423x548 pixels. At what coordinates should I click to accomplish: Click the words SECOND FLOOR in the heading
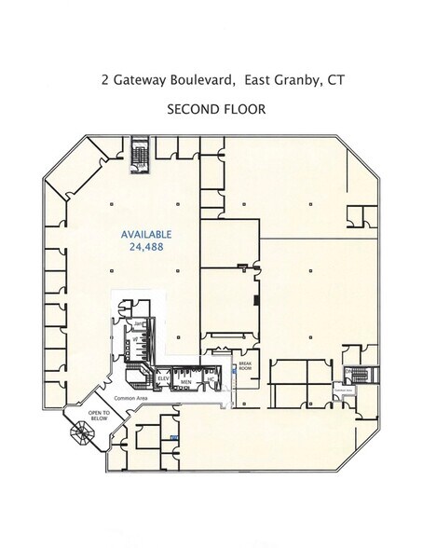pos(216,109)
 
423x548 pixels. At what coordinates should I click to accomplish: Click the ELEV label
pos(162,379)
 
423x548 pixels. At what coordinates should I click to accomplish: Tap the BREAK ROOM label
pos(246,366)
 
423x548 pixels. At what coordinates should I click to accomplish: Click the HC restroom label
pos(211,380)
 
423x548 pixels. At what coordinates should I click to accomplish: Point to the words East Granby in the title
pos(277,80)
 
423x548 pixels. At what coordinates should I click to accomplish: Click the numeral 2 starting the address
pos(105,80)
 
